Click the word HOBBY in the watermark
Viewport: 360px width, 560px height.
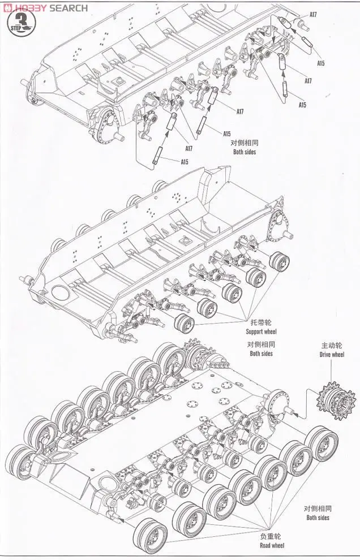(30, 8)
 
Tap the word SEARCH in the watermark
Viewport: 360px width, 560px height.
(68, 8)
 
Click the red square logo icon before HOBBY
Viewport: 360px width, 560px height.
(6, 8)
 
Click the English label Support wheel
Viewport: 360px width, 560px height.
(262, 331)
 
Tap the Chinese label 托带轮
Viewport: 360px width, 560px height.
(260, 322)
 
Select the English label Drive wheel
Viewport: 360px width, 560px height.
(332, 355)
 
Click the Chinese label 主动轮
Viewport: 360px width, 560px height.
(332, 346)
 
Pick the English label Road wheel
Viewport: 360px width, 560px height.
(272, 545)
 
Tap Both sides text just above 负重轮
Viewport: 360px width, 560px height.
(318, 518)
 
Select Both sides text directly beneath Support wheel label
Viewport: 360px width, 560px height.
(261, 354)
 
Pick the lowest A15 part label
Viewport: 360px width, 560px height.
(185, 162)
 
